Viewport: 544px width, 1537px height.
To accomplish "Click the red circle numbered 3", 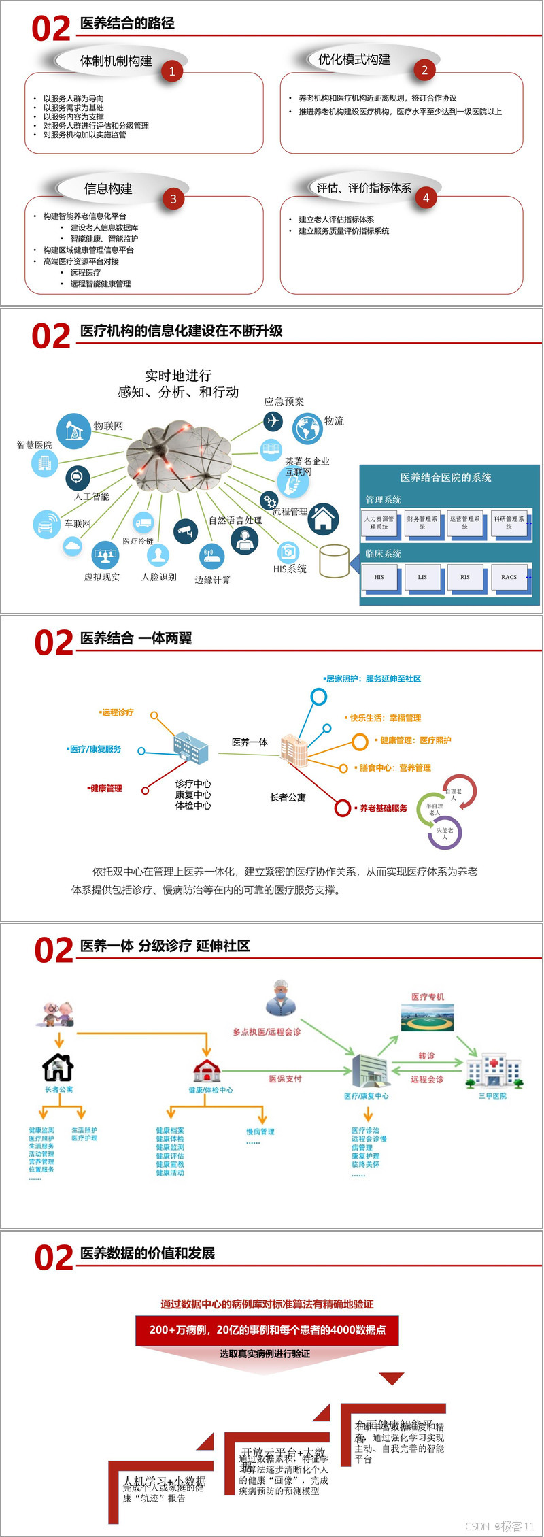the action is tap(173, 199).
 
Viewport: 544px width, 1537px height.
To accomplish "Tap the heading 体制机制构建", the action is tap(116, 61).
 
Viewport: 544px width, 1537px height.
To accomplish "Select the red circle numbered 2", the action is tap(424, 69).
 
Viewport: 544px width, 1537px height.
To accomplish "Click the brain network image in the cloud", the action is tap(178, 454).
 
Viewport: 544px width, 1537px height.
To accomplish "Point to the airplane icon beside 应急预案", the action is tap(273, 421).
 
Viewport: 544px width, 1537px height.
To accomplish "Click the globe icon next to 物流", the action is tap(307, 429).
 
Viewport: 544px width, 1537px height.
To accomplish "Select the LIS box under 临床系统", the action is tap(422, 577).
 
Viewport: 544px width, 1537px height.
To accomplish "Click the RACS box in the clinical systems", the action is tap(509, 577).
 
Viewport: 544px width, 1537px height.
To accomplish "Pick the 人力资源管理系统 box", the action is tap(379, 523).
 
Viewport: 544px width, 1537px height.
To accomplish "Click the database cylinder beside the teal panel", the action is tap(334, 561).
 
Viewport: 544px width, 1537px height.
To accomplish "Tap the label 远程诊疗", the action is tap(117, 712).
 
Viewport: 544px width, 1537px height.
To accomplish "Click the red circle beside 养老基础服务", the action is tap(343, 808).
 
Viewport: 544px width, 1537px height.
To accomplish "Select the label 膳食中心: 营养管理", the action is tap(395, 767).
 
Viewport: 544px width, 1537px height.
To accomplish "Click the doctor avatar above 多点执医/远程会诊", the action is tap(281, 997).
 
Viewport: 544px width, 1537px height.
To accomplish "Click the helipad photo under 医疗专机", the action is tap(427, 1019).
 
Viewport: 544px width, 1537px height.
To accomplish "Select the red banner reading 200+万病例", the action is tap(267, 1329).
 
